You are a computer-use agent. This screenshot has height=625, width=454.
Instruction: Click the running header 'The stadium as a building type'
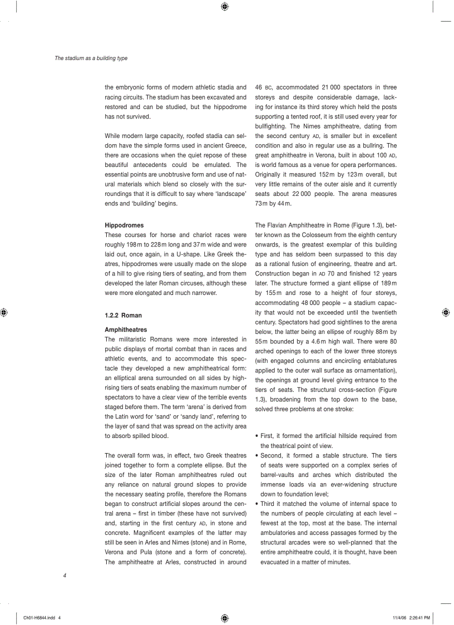[91, 58]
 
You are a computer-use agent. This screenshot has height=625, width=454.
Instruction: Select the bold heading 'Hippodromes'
[124, 225]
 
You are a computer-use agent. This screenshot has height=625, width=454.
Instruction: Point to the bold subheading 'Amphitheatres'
[126, 329]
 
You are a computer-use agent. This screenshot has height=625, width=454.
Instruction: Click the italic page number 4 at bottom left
[65, 576]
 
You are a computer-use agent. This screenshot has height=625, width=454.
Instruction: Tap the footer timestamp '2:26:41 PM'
[420, 617]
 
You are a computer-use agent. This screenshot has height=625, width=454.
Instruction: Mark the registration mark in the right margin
[446, 313]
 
